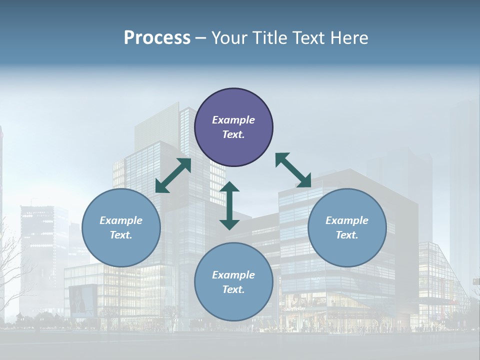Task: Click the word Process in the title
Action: pos(157,37)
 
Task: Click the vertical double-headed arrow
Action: pos(229,206)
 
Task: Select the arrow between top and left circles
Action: pos(173,175)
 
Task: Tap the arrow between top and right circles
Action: pos(293,170)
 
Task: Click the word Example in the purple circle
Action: pos(233,120)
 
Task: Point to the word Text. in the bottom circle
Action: pos(233,289)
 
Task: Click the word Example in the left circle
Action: pos(121,220)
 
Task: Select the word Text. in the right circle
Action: pos(347,235)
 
